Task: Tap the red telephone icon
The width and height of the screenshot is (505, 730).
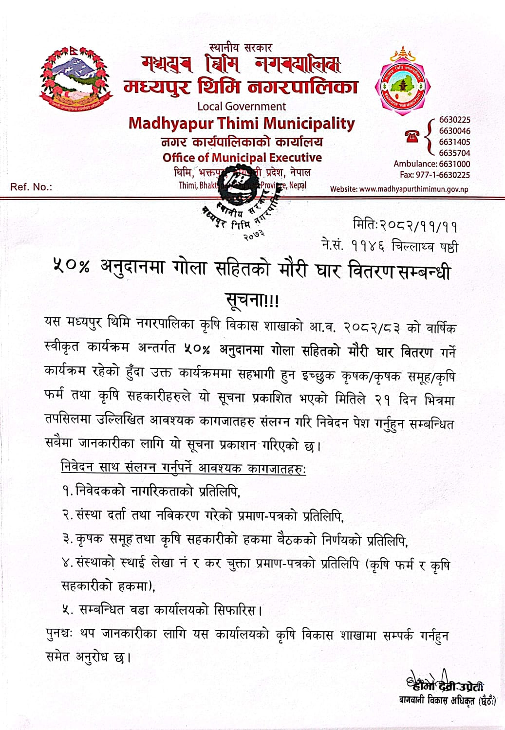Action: (x=412, y=137)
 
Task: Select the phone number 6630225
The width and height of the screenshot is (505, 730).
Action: (x=454, y=120)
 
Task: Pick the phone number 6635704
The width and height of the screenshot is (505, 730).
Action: (x=454, y=153)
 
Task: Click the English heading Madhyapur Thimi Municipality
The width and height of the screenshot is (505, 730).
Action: (x=242, y=124)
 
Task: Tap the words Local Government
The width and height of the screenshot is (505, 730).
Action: (x=242, y=106)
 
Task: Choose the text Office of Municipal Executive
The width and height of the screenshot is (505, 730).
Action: (x=242, y=158)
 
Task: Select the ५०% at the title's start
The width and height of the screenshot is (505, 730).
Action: (x=72, y=267)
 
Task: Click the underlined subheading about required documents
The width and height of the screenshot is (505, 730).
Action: (x=183, y=468)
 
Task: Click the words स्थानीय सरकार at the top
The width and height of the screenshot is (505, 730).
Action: (x=241, y=48)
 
